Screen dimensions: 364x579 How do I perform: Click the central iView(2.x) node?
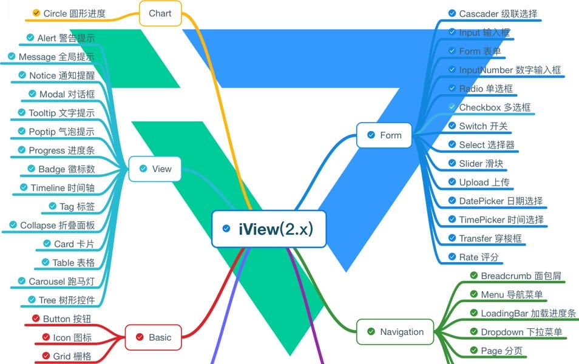click(x=269, y=229)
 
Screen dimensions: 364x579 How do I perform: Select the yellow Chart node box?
click(x=160, y=13)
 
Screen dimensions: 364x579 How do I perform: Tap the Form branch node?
click(x=384, y=135)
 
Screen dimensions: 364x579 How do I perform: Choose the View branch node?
click(x=155, y=169)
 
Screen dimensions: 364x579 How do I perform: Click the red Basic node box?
click(x=153, y=337)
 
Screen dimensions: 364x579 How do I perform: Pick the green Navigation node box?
click(x=394, y=332)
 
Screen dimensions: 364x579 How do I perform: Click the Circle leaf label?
click(x=75, y=13)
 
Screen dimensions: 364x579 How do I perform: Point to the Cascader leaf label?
click(x=498, y=13)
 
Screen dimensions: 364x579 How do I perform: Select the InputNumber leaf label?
click(x=510, y=70)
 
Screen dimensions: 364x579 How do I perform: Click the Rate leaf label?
click(x=479, y=257)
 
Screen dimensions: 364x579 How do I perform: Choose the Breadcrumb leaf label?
click(x=521, y=276)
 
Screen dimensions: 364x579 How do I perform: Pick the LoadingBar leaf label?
click(x=528, y=314)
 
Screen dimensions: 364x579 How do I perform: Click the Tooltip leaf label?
click(x=61, y=113)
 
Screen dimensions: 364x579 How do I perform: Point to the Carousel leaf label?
click(x=61, y=281)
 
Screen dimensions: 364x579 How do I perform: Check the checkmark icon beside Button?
click(x=36, y=319)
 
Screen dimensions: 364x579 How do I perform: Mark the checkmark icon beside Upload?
click(x=452, y=182)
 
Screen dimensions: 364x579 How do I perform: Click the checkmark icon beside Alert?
click(x=31, y=38)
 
